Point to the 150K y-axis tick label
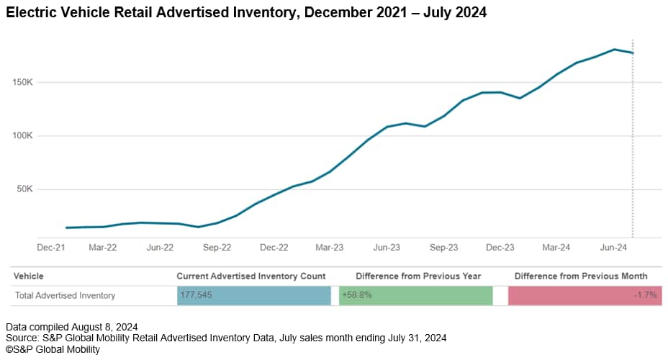(22, 82)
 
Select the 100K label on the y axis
(22, 136)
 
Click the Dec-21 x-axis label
(51, 247)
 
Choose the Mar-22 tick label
(102, 247)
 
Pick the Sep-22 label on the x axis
(217, 247)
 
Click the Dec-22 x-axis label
(274, 247)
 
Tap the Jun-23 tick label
(387, 247)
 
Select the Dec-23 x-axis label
(500, 247)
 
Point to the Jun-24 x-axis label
(613, 247)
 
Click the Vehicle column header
(28, 276)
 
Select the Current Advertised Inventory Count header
(251, 276)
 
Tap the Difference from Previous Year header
(418, 276)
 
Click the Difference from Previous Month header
(580, 276)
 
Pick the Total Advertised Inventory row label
(65, 295)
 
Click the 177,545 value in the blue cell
(196, 295)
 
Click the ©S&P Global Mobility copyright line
(53, 350)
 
